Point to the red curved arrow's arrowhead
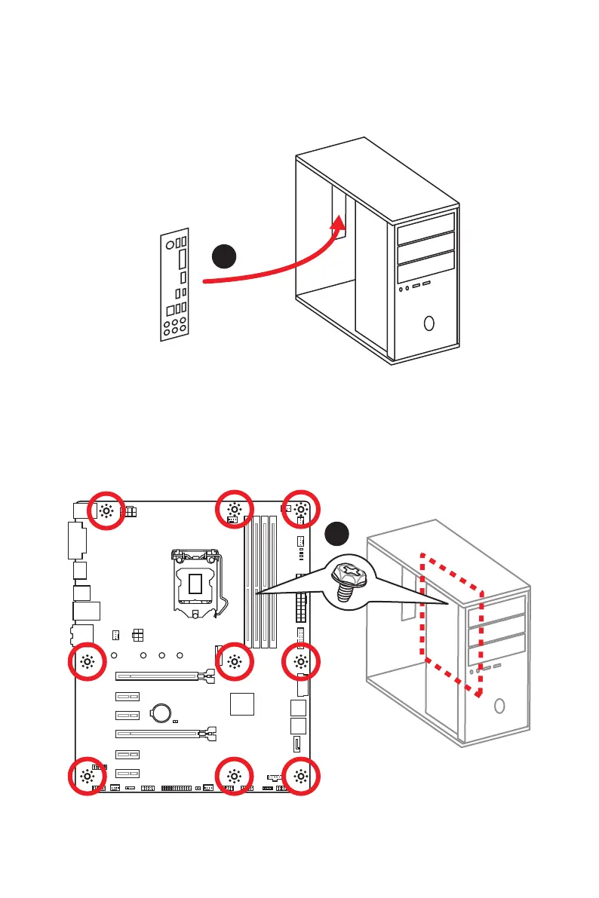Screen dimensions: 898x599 pos(339,224)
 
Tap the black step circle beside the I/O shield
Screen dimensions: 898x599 pos(224,257)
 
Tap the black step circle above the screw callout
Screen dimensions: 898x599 pos(338,534)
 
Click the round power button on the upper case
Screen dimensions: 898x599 pos(429,323)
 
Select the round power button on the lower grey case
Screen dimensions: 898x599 pos(499,706)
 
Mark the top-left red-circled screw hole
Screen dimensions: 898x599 pos(106,510)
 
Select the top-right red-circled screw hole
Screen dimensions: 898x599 pos(301,510)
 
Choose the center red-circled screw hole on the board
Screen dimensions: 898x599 pos(234,662)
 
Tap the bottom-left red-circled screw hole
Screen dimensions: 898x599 pos(88,777)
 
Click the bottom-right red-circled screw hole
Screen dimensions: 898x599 pos(301,776)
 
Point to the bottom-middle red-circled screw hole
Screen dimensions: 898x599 pos(234,776)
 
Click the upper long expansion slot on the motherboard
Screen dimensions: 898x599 pos(162,676)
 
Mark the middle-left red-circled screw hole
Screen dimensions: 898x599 pos(88,662)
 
